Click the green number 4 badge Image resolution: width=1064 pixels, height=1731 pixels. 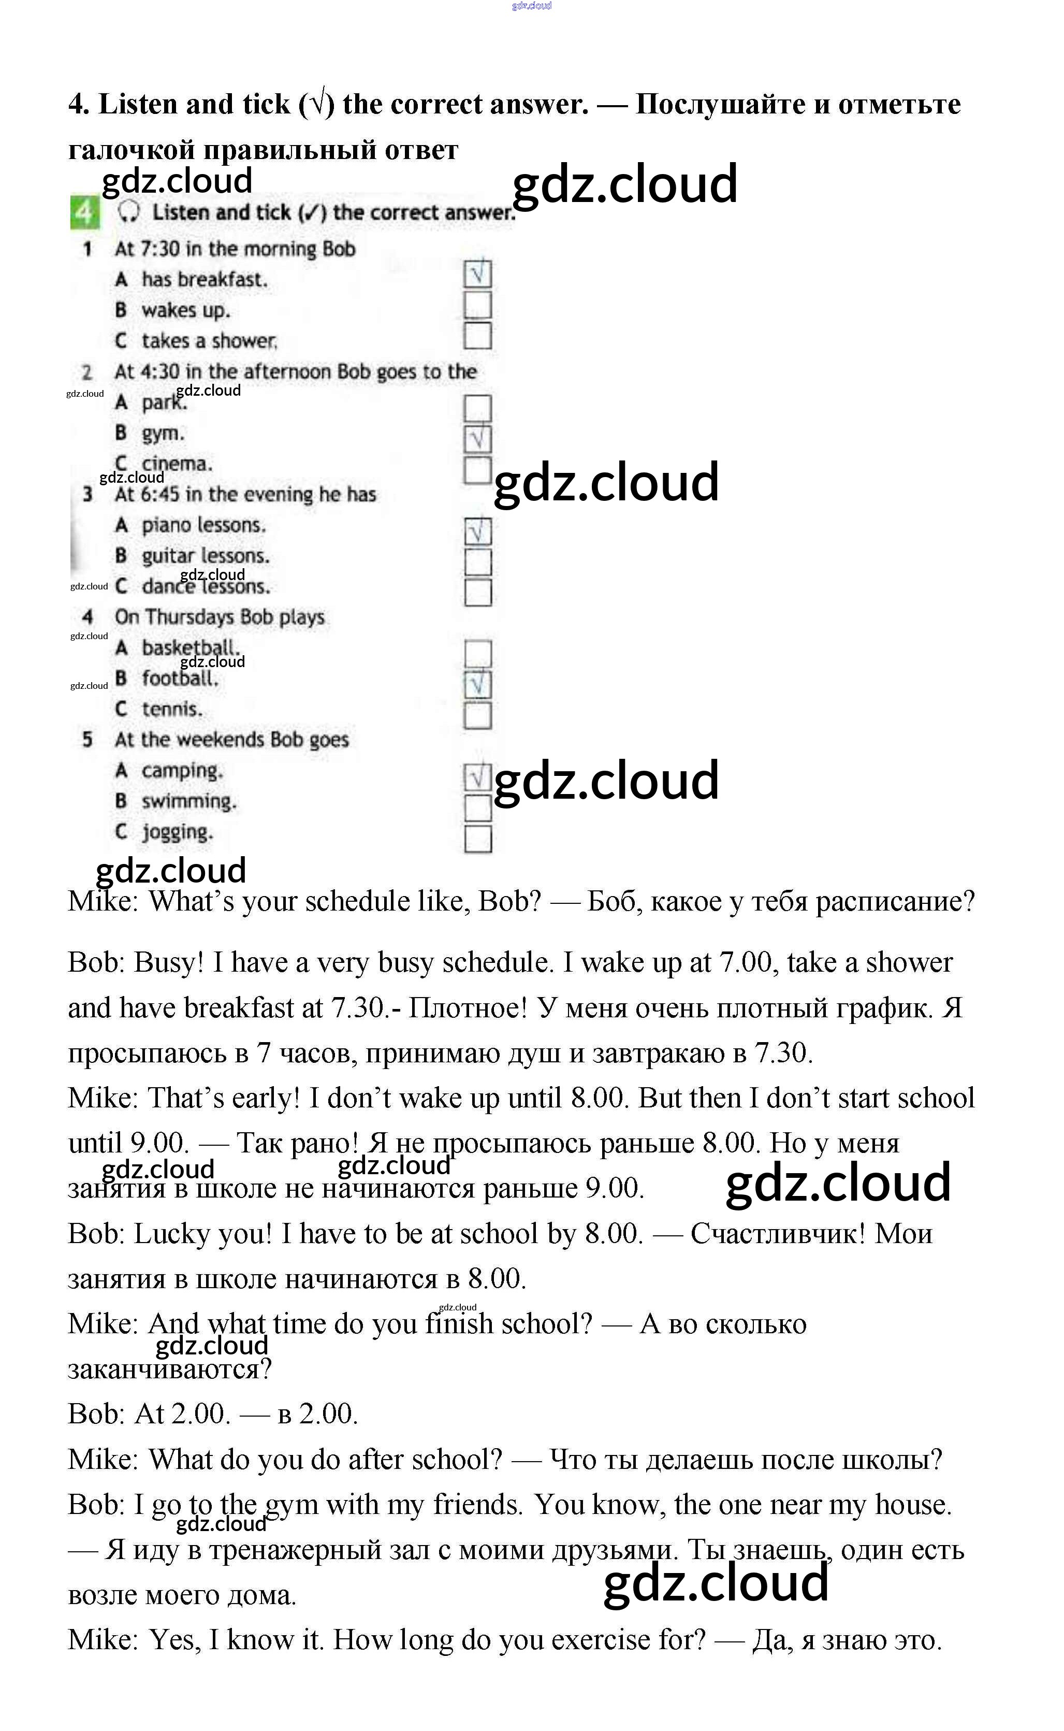click(84, 212)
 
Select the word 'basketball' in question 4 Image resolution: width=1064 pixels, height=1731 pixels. click(190, 647)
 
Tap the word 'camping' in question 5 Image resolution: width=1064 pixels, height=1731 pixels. click(182, 771)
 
